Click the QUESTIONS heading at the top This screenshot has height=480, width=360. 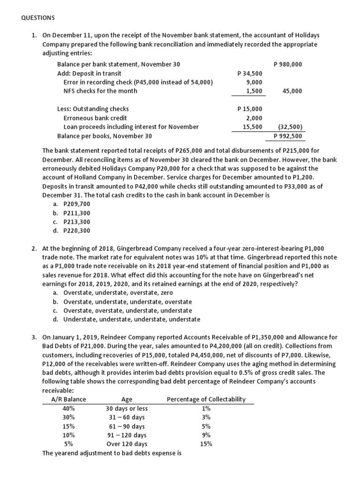tap(38, 18)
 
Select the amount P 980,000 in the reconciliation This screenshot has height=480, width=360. tap(287, 64)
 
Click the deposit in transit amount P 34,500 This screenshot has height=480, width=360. tap(250, 73)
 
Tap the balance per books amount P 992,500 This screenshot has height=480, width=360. tap(288, 136)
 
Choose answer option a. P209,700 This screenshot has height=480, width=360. tap(71, 204)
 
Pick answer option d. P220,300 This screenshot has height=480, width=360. tap(71, 231)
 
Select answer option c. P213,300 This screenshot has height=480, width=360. tap(71, 222)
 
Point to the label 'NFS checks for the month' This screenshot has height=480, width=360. tap(100, 91)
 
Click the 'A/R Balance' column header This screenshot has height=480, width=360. tap(68, 399)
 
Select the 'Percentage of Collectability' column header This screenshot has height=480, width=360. tap(206, 399)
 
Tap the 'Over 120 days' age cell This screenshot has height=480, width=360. tap(127, 444)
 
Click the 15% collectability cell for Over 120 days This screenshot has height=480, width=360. tap(206, 444)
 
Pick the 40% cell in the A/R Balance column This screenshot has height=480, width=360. tap(68, 408)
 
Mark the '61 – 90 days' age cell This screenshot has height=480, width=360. tap(127, 426)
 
